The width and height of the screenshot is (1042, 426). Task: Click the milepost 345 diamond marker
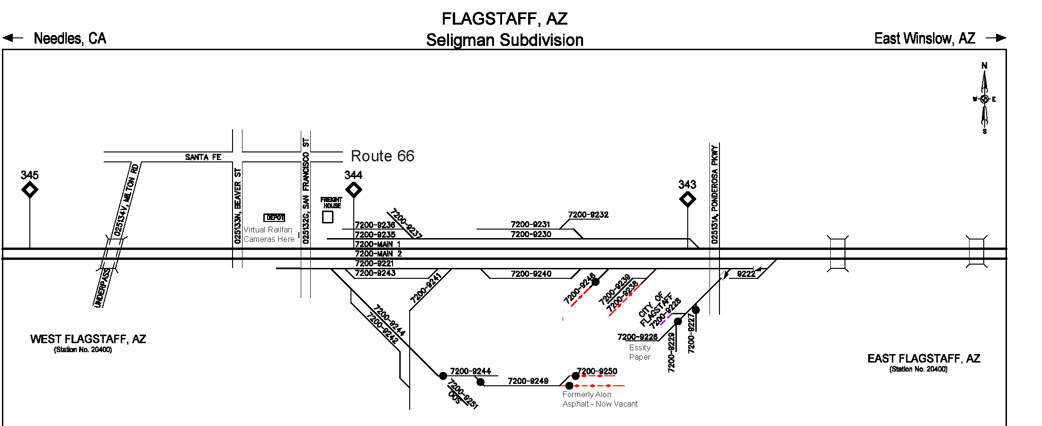(x=30, y=190)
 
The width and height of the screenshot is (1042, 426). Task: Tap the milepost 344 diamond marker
(x=353, y=190)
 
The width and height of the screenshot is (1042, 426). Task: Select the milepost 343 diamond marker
(x=687, y=199)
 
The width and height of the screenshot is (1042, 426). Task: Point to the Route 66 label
(x=382, y=156)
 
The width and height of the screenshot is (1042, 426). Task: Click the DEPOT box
(x=274, y=218)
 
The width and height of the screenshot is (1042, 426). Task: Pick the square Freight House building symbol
(x=327, y=217)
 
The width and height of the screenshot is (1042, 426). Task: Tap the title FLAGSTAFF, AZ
(x=504, y=19)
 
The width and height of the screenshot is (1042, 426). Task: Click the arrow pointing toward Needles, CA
(x=13, y=38)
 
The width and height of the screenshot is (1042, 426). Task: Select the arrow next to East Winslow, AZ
(x=996, y=38)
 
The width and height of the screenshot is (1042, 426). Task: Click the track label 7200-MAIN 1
(x=377, y=244)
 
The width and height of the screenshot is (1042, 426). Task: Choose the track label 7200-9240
(x=531, y=274)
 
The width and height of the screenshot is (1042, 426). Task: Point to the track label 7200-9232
(x=588, y=215)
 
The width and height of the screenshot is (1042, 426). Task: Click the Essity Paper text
(x=640, y=352)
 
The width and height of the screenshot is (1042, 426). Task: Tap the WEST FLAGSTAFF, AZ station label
(x=88, y=339)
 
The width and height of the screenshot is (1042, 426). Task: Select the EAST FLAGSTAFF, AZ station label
(x=924, y=359)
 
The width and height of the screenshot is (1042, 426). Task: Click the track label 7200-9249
(x=528, y=381)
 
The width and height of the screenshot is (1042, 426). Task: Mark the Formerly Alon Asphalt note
(x=600, y=399)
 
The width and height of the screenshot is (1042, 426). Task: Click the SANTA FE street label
(x=203, y=157)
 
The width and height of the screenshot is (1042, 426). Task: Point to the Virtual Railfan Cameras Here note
(x=269, y=234)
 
